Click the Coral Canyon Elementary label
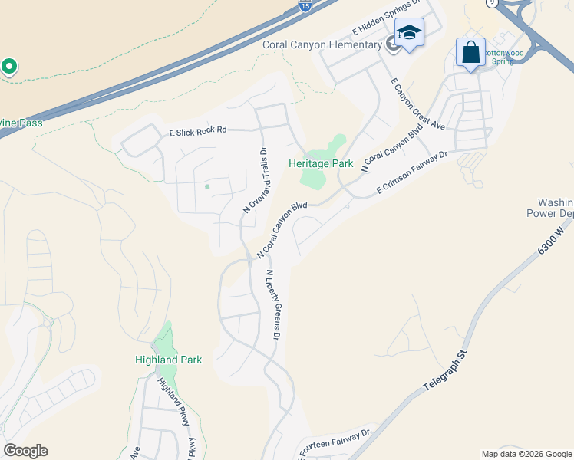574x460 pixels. (x=322, y=45)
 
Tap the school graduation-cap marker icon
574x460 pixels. (x=409, y=34)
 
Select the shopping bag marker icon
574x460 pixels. (x=470, y=53)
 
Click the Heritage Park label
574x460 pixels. (x=321, y=163)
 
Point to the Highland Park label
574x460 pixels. (x=168, y=360)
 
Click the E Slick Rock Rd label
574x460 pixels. (x=198, y=131)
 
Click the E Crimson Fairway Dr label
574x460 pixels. (x=411, y=173)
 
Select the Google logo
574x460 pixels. (x=25, y=451)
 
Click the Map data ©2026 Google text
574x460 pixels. (x=526, y=454)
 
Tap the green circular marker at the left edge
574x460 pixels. (x=9, y=67)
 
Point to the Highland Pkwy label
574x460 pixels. (x=173, y=402)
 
